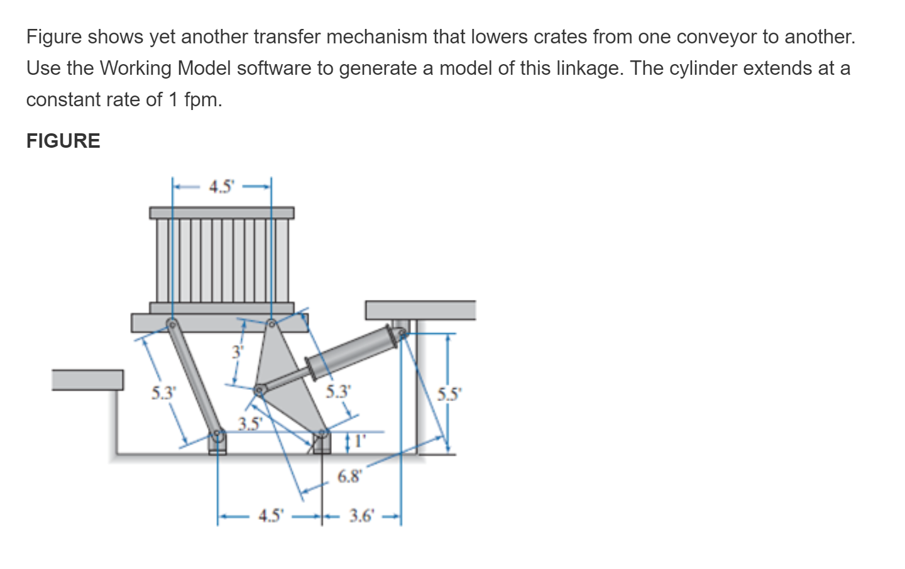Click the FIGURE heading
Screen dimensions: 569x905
click(63, 140)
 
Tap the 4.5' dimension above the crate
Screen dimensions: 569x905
click(221, 187)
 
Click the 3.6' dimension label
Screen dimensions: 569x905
click(362, 516)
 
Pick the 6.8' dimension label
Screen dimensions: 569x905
click(349, 477)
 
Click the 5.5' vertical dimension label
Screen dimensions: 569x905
click(449, 395)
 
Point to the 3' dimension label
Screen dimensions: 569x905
click(237, 351)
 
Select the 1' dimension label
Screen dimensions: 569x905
click(358, 441)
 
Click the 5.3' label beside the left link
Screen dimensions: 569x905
click(163, 394)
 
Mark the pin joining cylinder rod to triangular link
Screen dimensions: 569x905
click(258, 391)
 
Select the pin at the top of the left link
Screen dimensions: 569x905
click(171, 324)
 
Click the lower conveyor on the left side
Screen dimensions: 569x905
click(87, 380)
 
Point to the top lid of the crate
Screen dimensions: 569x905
click(221, 213)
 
